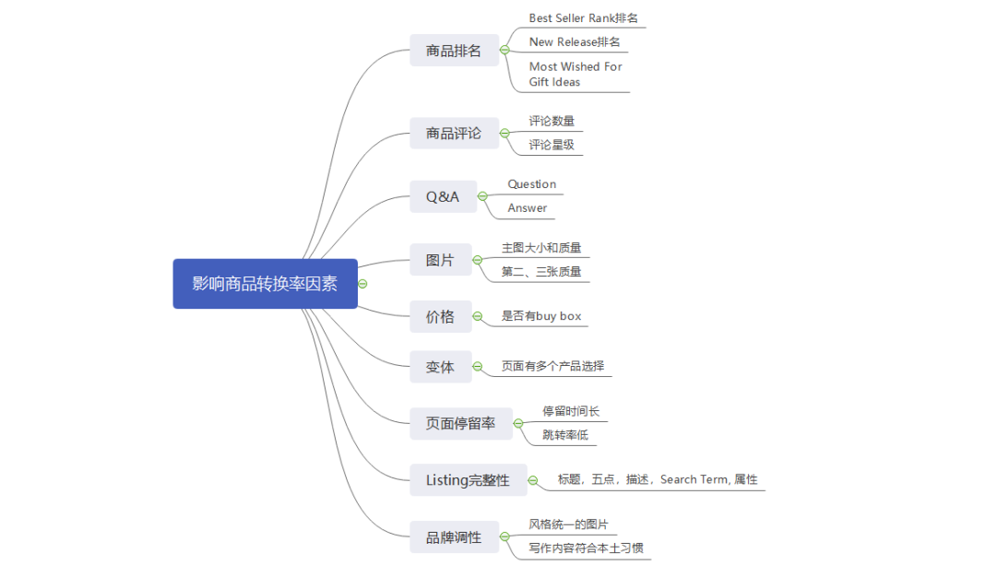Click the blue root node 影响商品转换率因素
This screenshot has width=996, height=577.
tap(265, 284)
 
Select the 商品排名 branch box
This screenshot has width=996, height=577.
tap(454, 51)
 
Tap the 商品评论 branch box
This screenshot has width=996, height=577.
tap(454, 134)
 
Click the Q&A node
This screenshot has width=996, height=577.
tap(443, 196)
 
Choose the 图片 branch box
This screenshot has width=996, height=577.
tap(440, 261)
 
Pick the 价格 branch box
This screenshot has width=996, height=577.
tap(440, 317)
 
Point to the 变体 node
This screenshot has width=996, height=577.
tap(440, 367)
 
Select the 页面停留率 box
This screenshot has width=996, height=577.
tap(460, 424)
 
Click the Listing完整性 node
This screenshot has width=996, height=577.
tap(468, 480)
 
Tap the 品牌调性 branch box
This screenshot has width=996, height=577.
tap(454, 537)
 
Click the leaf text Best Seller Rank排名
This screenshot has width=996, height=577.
tap(584, 18)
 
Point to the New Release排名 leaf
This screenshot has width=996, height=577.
tap(575, 41)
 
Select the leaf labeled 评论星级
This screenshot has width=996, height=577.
tap(551, 145)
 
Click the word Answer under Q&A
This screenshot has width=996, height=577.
tap(528, 208)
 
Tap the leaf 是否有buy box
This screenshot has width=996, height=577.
tap(541, 316)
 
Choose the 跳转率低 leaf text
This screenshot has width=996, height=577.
tap(565, 435)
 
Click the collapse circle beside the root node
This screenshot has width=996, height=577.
tap(362, 284)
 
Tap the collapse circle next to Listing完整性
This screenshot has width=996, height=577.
tap(532, 480)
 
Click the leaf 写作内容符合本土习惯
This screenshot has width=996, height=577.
tap(586, 548)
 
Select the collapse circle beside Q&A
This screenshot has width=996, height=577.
tap(482, 196)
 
